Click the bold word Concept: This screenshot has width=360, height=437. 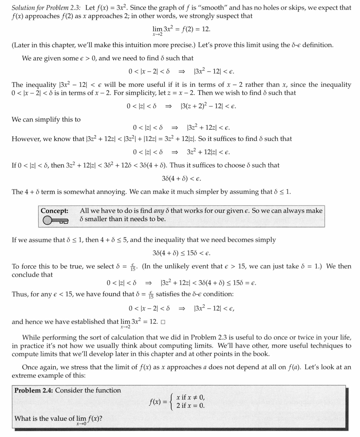click(x=54, y=210)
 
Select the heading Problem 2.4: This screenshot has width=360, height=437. click(x=34, y=390)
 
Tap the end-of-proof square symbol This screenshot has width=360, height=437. click(x=163, y=322)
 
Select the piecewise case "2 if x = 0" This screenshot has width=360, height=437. click(x=190, y=405)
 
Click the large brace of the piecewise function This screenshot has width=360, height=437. click(x=172, y=402)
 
